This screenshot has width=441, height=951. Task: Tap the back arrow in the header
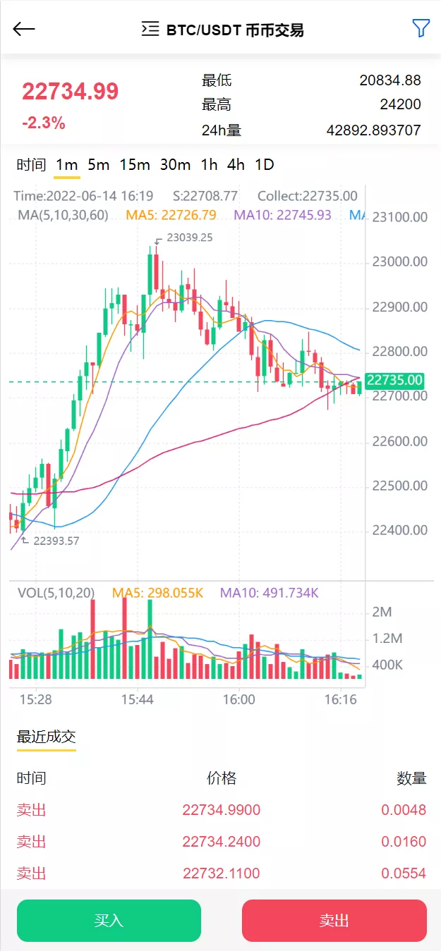pyautogui.click(x=24, y=29)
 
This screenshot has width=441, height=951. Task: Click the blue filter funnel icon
pyautogui.click(x=421, y=28)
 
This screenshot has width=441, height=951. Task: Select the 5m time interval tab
pyautogui.click(x=99, y=165)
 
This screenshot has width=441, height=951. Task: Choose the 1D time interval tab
pyautogui.click(x=265, y=165)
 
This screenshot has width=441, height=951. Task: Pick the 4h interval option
pyautogui.click(x=236, y=165)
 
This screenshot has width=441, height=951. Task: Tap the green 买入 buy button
pyautogui.click(x=109, y=921)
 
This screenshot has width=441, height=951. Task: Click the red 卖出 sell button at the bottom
pyautogui.click(x=334, y=921)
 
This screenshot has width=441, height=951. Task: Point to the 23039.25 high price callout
pyautogui.click(x=189, y=238)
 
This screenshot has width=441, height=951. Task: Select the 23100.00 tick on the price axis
pyautogui.click(x=399, y=217)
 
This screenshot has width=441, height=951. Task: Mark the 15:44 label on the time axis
pyautogui.click(x=137, y=700)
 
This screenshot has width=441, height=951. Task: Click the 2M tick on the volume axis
pyautogui.click(x=382, y=612)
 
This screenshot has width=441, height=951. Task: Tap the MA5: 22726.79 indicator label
pyautogui.click(x=171, y=215)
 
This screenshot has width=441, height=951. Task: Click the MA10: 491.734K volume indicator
pyautogui.click(x=269, y=594)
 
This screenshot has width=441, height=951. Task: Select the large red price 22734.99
pyautogui.click(x=70, y=92)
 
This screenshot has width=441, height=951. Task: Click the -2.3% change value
pyautogui.click(x=43, y=123)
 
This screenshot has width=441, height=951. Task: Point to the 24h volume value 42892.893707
pyautogui.click(x=373, y=130)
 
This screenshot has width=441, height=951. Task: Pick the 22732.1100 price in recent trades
pyautogui.click(x=222, y=873)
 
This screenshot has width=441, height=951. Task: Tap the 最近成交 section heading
pyautogui.click(x=47, y=737)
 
